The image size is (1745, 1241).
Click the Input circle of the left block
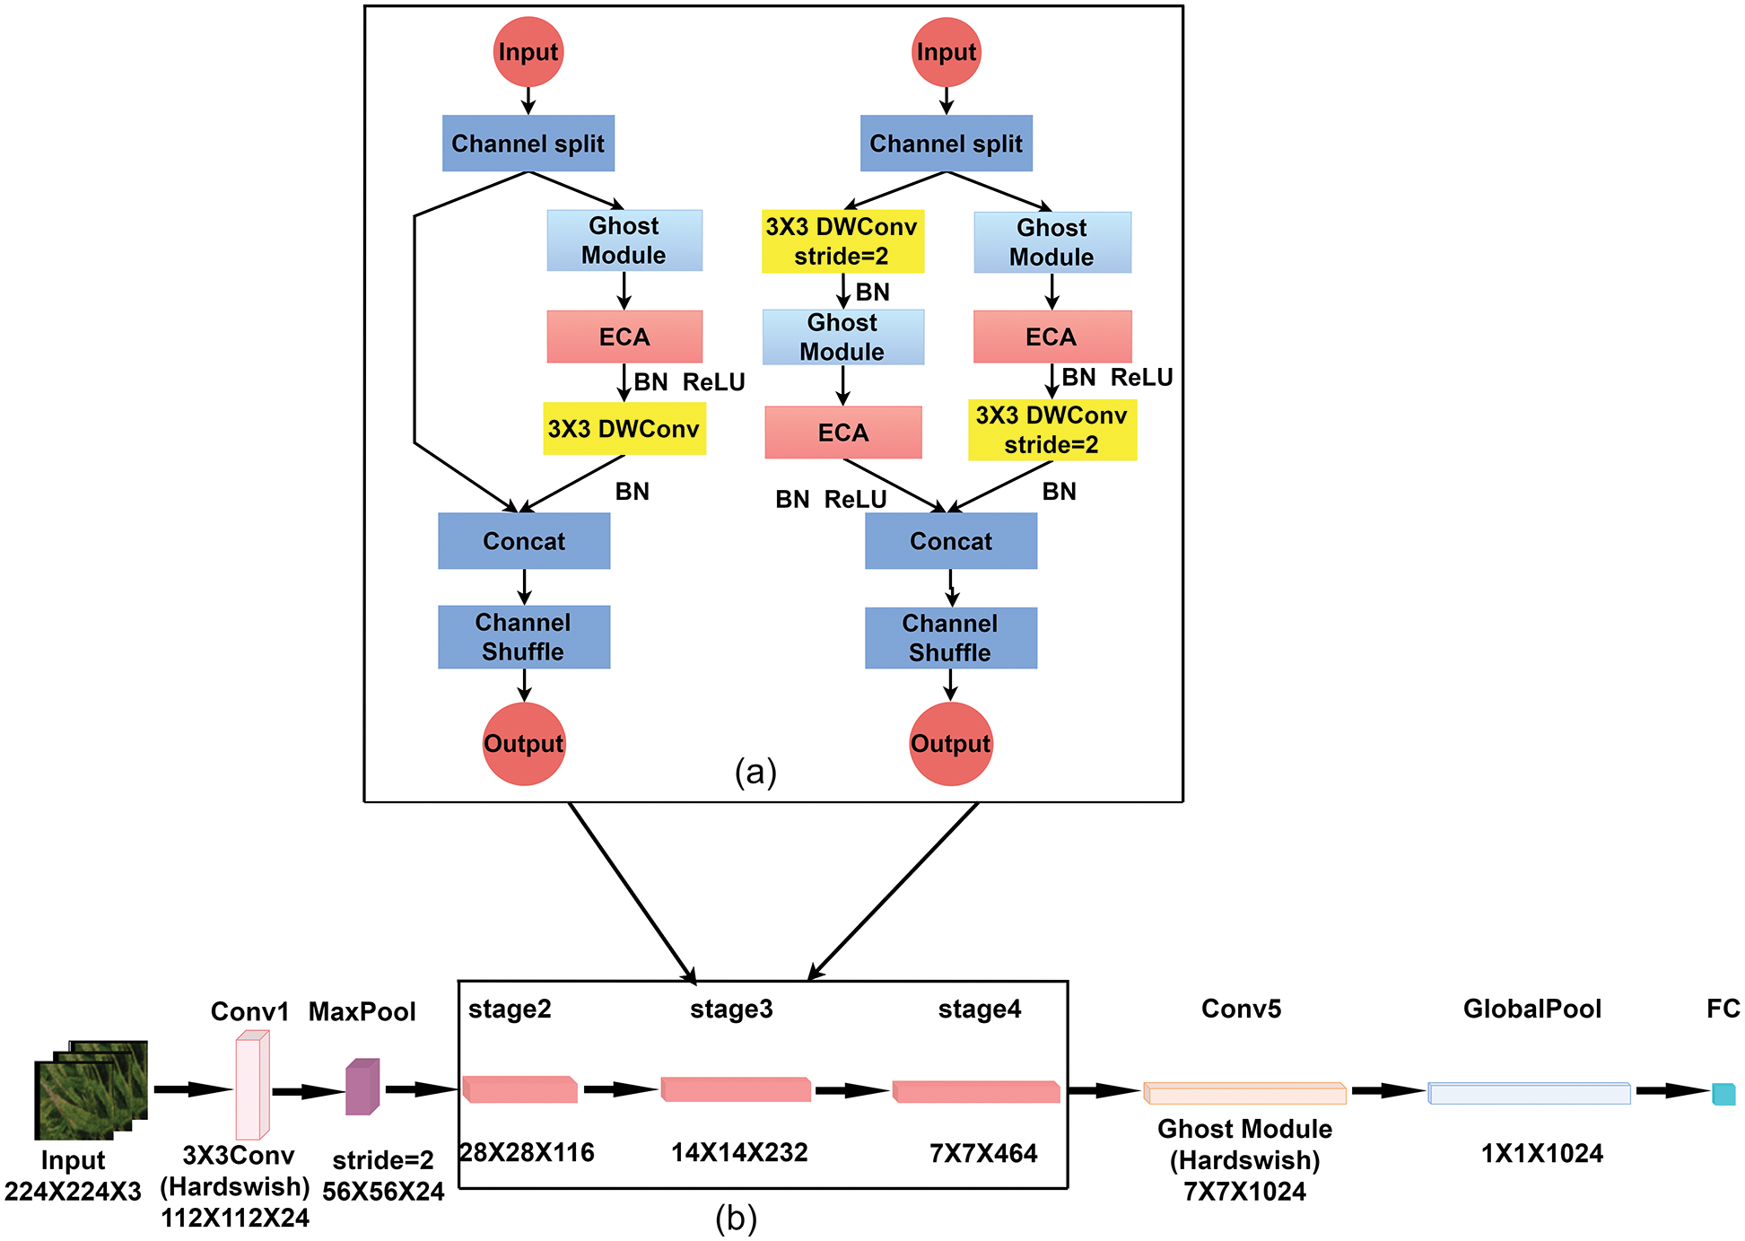point(528,52)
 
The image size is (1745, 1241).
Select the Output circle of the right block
point(950,743)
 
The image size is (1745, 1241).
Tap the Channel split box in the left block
point(528,144)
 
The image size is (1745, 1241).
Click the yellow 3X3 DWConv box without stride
point(624,428)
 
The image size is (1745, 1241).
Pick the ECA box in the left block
point(624,336)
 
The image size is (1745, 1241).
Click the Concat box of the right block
point(950,541)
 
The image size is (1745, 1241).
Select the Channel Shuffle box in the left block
point(524,637)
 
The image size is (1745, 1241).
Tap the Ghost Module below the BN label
point(842,337)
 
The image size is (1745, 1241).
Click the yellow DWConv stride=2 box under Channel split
point(842,241)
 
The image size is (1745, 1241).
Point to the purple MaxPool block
point(362,1088)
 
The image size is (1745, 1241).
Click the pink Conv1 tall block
point(251,1086)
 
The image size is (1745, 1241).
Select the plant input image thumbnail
point(90,1090)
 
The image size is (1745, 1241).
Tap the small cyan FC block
point(1723,1094)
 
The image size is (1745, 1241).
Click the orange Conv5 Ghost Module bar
point(1244,1093)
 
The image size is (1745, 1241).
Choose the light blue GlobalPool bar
point(1529,1093)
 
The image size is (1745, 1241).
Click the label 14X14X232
point(739,1152)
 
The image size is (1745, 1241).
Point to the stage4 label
point(979,1009)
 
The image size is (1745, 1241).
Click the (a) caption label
point(755,772)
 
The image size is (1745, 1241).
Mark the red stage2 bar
point(519,1089)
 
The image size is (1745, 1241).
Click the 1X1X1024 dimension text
point(1541,1153)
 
